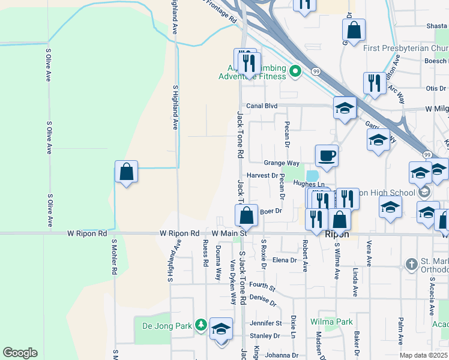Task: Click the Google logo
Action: point(20,353)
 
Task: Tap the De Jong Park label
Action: point(166,326)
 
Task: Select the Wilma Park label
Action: point(331,322)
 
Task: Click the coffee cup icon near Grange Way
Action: point(327,156)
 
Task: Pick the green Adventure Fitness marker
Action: point(295,72)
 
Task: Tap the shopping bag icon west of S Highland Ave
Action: point(127,172)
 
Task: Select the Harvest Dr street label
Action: point(262,176)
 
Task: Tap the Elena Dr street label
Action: point(285,260)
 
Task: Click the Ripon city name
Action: point(337,235)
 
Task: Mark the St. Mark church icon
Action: point(411,263)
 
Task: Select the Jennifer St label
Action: point(265,323)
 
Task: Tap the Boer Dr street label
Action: point(271,211)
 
